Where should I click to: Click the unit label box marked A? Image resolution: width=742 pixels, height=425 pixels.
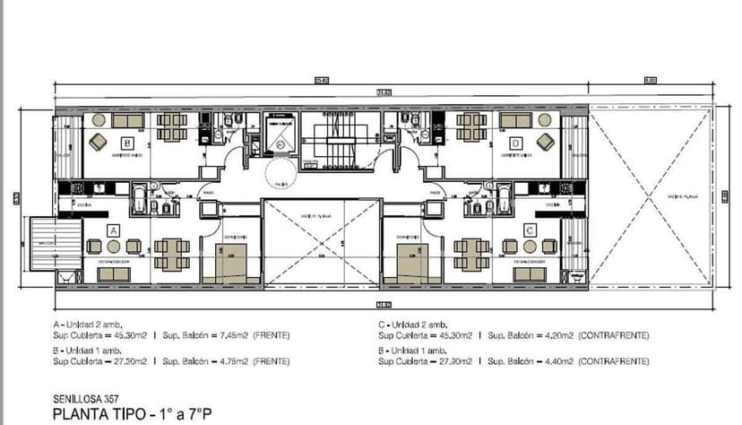tap(114, 230)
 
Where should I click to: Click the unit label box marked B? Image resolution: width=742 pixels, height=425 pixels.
tap(128, 143)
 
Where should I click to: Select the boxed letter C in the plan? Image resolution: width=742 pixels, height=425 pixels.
tap(530, 230)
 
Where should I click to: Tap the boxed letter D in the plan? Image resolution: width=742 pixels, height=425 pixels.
tap(515, 143)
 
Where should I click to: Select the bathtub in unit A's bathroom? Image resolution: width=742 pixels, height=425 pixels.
tap(141, 198)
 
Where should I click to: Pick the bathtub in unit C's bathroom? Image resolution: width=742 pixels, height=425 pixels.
tap(503, 198)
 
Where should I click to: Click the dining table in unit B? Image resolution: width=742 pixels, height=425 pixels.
tap(172, 126)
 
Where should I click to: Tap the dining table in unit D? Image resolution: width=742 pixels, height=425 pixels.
tap(471, 126)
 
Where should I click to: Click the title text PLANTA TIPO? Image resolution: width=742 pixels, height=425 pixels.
tap(95, 413)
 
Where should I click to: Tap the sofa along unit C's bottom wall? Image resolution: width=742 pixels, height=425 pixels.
tap(529, 273)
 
